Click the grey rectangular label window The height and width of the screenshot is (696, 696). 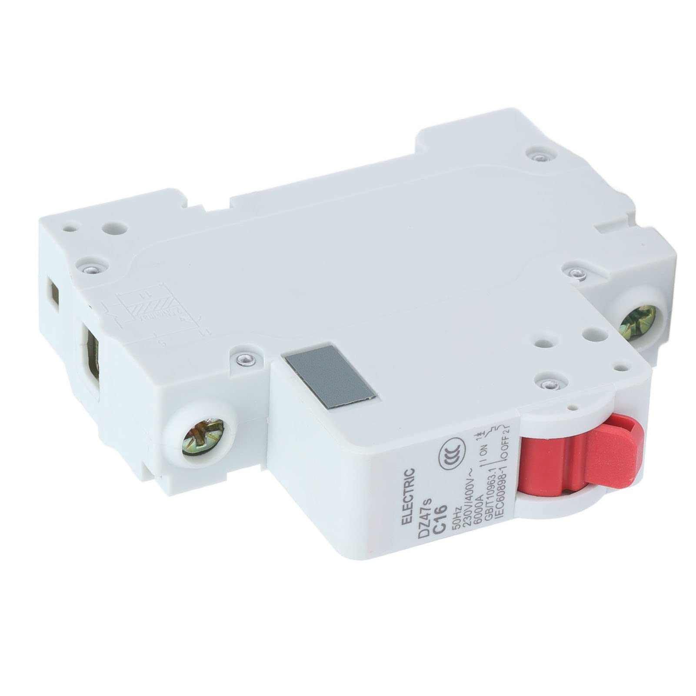[x=330, y=372]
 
